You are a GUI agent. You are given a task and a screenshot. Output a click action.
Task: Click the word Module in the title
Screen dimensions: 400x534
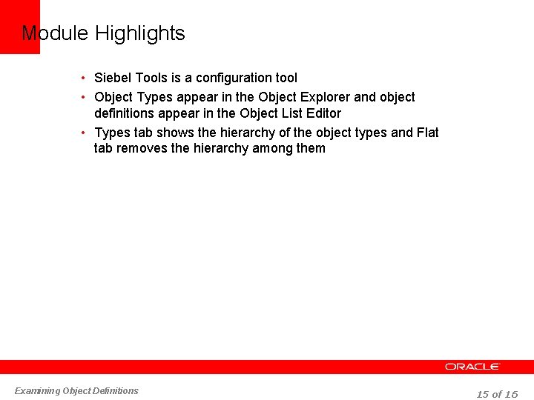[55, 33]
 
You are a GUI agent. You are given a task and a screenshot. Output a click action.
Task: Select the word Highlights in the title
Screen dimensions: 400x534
[140, 33]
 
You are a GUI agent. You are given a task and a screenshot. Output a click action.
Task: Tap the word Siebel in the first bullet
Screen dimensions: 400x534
[113, 78]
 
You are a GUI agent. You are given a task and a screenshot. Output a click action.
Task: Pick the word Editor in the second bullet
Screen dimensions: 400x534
[322, 113]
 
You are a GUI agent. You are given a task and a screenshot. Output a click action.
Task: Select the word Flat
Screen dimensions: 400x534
[427, 133]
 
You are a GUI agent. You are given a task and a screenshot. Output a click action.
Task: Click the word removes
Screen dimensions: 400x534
[145, 148]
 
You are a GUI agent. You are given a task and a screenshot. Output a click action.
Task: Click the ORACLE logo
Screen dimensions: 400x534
[472, 367]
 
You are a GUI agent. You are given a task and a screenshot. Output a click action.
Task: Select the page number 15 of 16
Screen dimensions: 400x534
[497, 394]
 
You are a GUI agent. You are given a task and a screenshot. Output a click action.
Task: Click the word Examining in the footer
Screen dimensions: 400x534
[38, 391]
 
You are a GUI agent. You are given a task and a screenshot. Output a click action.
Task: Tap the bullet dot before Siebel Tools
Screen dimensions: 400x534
[85, 79]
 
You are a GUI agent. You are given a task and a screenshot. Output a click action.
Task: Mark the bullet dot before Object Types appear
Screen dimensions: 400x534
[85, 98]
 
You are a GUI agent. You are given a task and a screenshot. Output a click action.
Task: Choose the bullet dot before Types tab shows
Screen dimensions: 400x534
[85, 133]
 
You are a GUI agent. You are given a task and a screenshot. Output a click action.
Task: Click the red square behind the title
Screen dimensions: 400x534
[19, 27]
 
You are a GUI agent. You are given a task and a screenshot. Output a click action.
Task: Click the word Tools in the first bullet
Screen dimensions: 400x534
[151, 78]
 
